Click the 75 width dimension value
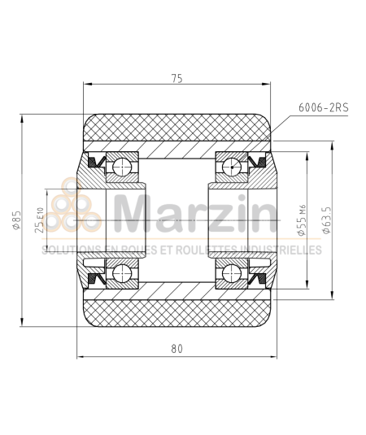[177, 78]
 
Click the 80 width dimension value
[177, 348]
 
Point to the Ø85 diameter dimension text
[16, 220]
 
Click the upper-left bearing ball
[122, 168]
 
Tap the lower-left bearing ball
[122, 272]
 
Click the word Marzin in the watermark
[195, 213]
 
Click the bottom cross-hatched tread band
[176, 310]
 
